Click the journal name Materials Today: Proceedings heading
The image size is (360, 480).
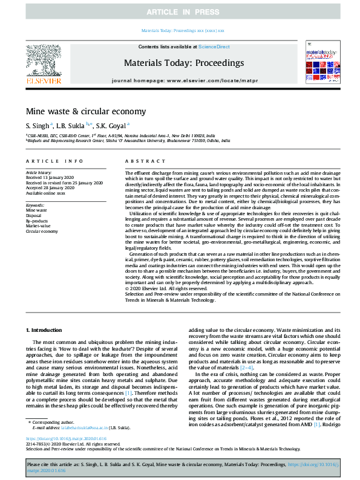pos(184,63)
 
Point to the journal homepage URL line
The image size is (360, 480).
pos(184,80)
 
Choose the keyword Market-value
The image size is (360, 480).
pos(38,225)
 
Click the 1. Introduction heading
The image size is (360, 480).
pos(44,330)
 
